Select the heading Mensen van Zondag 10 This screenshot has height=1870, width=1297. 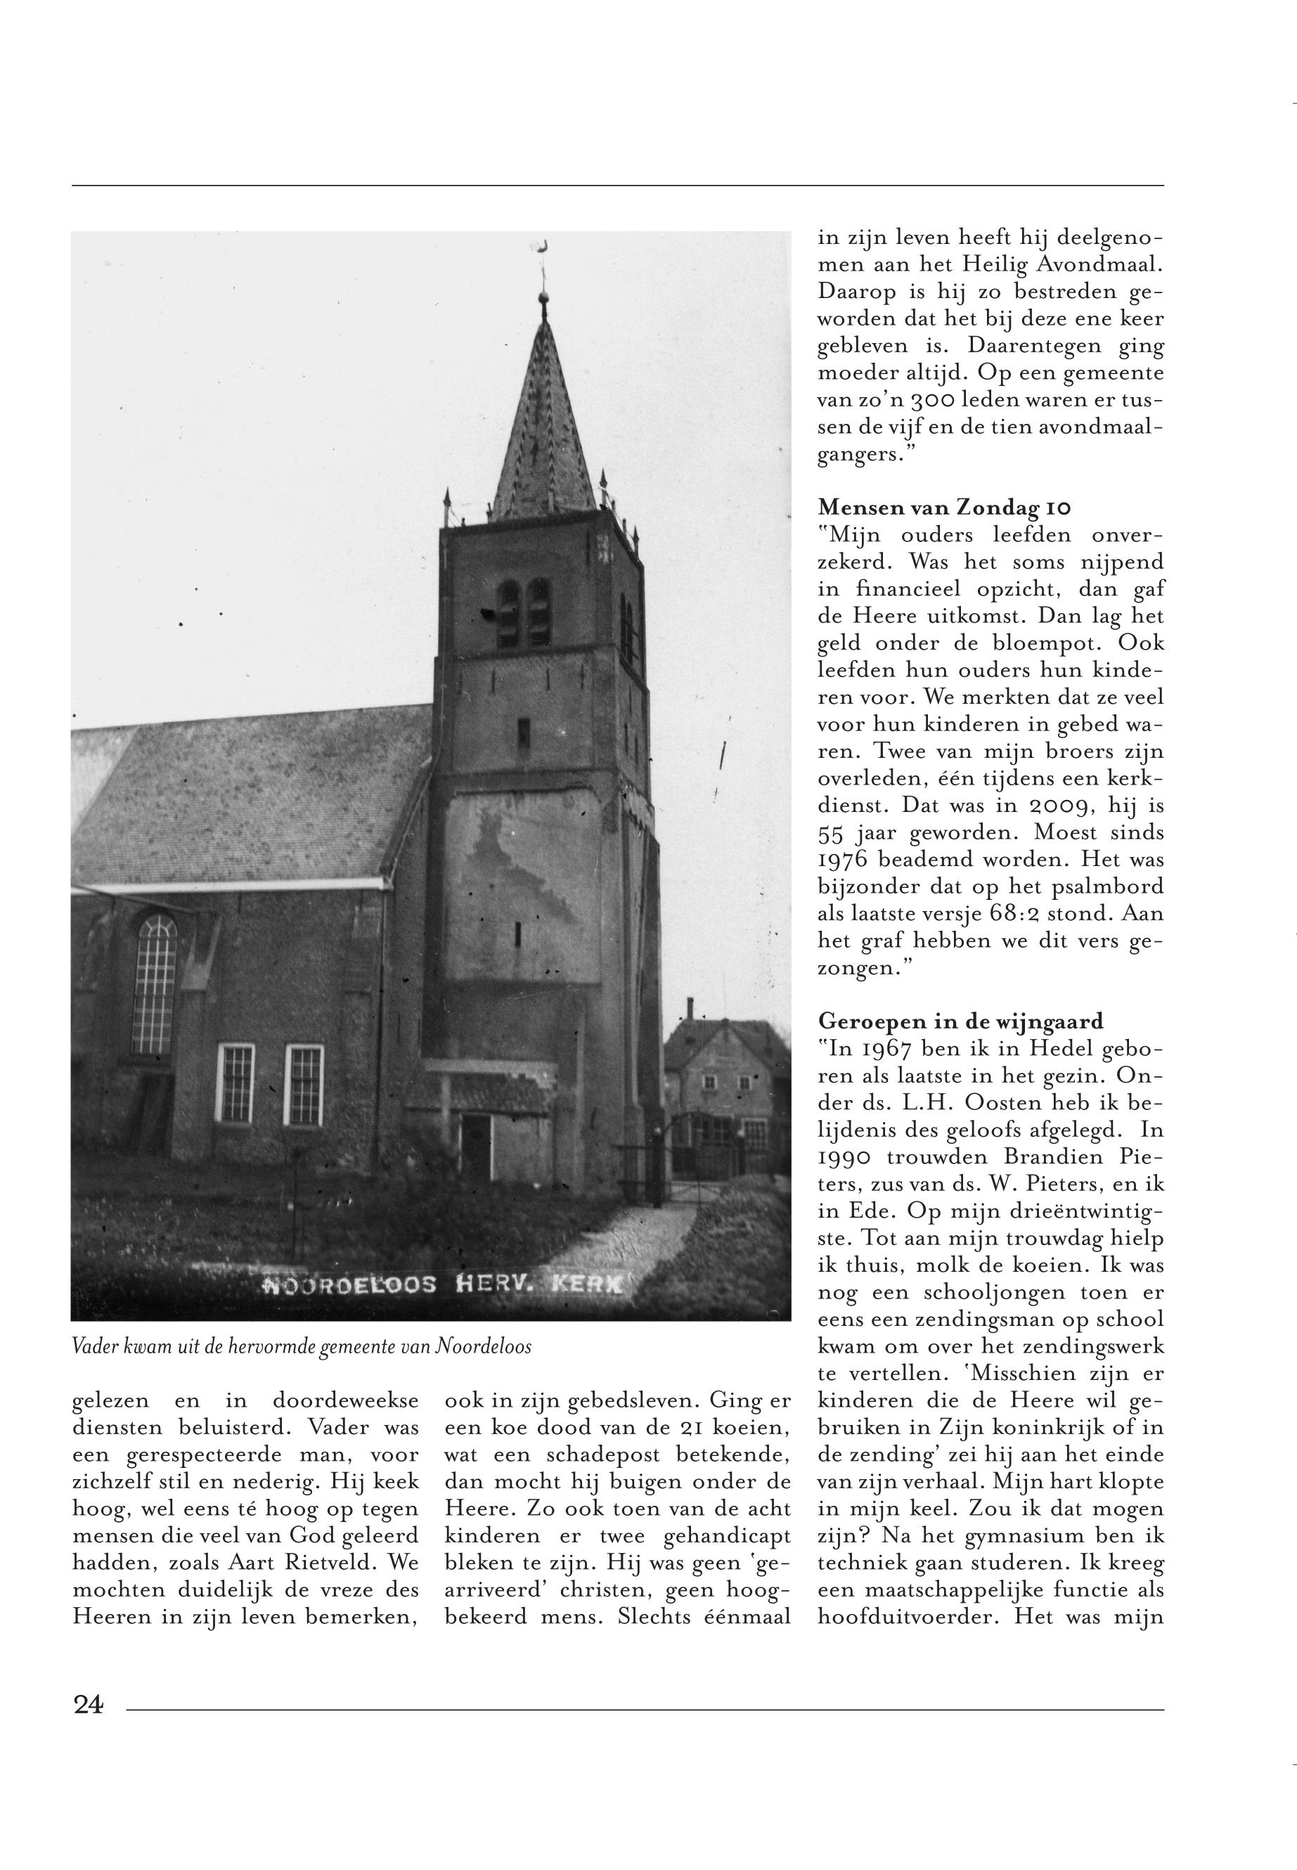click(x=943, y=508)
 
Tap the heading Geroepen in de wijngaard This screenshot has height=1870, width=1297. click(x=960, y=1021)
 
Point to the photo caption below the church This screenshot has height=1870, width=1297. click(x=302, y=1347)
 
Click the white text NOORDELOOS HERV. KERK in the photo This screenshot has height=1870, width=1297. click(x=443, y=1285)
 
